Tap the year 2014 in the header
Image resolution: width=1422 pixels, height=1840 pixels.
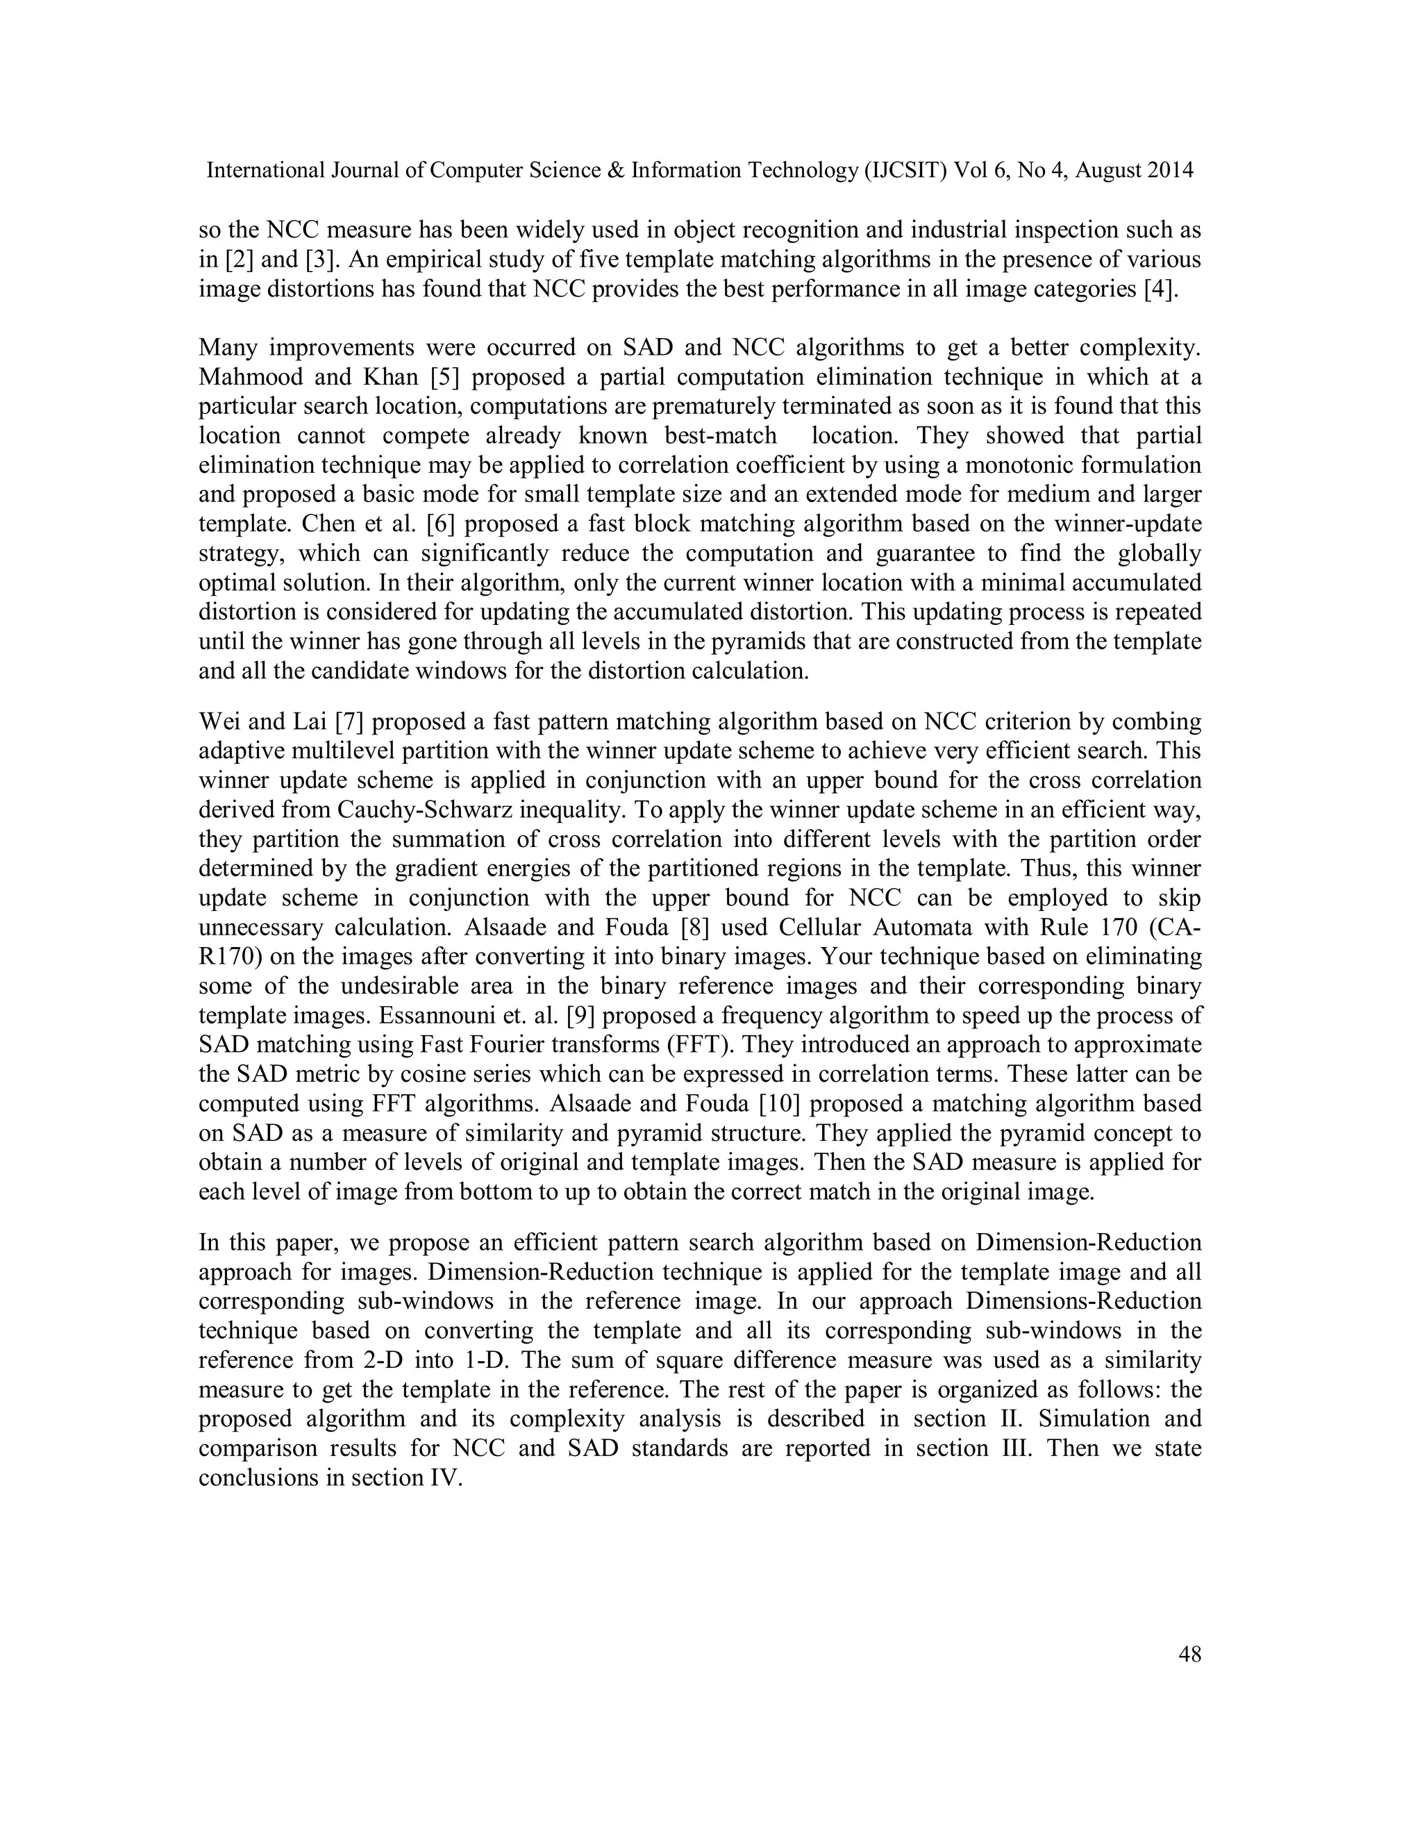point(1169,170)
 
